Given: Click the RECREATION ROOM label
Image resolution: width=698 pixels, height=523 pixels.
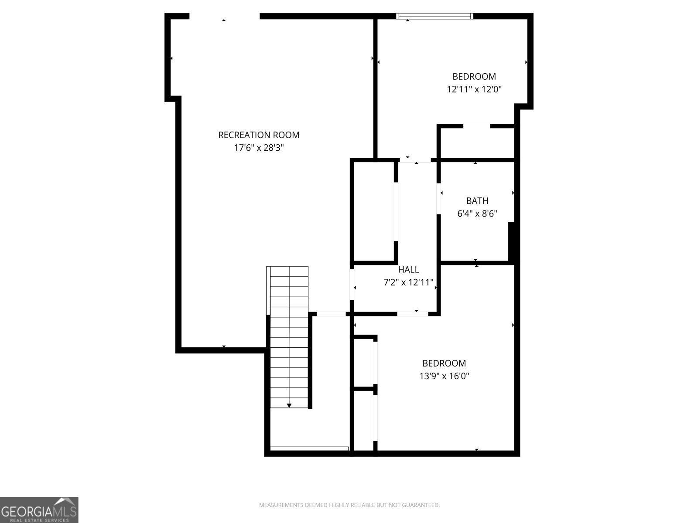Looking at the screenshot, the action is coord(259,135).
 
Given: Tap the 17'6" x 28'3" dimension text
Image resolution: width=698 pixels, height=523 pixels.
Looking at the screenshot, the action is coord(259,148).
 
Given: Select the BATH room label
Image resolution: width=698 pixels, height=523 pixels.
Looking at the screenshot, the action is coord(477,200).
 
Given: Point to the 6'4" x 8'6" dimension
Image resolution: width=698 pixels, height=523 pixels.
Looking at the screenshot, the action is coord(477,214).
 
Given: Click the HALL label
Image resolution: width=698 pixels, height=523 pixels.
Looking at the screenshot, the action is coord(408,270).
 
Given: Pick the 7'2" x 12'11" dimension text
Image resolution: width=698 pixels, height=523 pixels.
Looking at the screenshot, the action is coord(408,282).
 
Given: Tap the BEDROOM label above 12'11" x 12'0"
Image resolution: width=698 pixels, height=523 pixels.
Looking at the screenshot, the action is coord(474,77).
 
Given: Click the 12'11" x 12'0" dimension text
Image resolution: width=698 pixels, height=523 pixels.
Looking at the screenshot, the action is coord(474,89).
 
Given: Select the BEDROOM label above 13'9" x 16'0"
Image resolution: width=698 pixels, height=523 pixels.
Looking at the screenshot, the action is coord(444,363).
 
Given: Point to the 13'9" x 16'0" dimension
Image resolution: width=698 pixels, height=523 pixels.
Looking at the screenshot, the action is coord(444,376).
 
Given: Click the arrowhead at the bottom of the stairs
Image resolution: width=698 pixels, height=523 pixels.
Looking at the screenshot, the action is coord(289,405).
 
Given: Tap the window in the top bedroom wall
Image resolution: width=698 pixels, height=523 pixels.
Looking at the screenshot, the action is coord(435,16).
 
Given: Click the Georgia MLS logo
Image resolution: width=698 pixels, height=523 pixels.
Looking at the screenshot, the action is coord(39,509).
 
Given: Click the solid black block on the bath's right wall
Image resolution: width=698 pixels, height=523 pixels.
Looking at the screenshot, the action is coord(511,243).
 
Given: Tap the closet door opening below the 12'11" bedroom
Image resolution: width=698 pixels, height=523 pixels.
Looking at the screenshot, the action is coord(476,126).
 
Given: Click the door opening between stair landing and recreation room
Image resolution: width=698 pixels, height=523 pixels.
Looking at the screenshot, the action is coord(331,314).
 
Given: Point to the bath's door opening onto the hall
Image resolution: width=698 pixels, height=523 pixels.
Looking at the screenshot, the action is coord(438,199).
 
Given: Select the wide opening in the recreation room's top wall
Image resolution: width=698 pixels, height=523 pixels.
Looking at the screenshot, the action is coord(225,16).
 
